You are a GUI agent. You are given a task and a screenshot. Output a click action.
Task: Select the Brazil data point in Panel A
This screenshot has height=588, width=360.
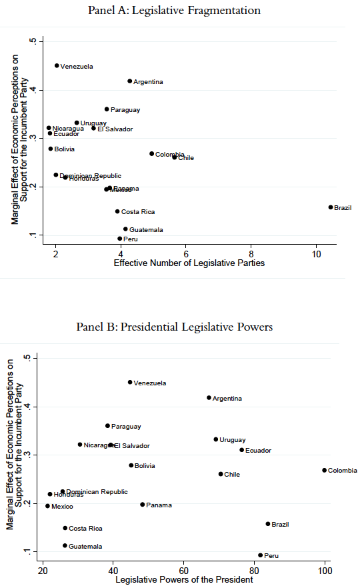click(x=330, y=207)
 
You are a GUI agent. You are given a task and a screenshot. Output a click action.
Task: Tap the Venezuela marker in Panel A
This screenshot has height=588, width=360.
click(x=57, y=66)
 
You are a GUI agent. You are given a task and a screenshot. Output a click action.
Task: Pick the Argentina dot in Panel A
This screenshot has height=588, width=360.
click(x=129, y=81)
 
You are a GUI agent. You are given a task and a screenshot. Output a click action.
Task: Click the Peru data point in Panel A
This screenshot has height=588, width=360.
click(x=120, y=239)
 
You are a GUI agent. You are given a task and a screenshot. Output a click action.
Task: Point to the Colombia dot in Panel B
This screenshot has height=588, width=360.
click(x=324, y=470)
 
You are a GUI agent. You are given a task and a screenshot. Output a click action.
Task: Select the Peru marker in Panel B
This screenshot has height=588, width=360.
click(x=261, y=555)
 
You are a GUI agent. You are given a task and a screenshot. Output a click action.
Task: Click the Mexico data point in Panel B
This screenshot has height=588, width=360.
click(x=47, y=506)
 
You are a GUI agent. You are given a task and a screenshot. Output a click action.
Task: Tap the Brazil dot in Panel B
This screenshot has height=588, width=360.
click(x=268, y=524)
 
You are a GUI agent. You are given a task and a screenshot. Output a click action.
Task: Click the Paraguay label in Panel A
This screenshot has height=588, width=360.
click(x=125, y=110)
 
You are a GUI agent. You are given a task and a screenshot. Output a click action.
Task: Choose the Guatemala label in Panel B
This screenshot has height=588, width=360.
click(x=85, y=547)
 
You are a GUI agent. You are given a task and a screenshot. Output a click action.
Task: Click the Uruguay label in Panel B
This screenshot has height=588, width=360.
click(x=233, y=440)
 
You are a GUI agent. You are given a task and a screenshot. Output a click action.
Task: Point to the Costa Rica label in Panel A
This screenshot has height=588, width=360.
click(x=138, y=212)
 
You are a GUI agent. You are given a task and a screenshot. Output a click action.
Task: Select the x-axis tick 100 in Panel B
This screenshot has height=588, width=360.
click(x=325, y=570)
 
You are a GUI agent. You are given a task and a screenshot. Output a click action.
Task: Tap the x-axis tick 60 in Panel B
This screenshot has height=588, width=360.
click(x=183, y=570)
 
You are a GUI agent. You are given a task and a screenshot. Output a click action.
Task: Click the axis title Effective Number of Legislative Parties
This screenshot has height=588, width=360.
click(x=189, y=263)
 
